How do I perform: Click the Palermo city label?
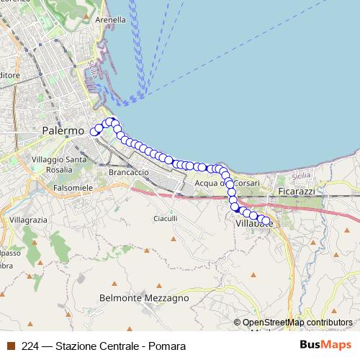click(x=63, y=132)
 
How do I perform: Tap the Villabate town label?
click(x=254, y=225)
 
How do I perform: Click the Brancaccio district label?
click(x=127, y=173)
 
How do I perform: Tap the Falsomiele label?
click(x=73, y=187)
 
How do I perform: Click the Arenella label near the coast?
click(x=111, y=21)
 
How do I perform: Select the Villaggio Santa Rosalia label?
click(x=59, y=164)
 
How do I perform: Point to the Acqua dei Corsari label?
click(x=227, y=183)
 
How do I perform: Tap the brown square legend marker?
click(x=10, y=346)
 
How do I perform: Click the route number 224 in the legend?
click(x=30, y=346)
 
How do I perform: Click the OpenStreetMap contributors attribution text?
click(x=297, y=323)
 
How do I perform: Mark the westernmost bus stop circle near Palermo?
click(x=93, y=132)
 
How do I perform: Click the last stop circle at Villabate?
click(x=266, y=221)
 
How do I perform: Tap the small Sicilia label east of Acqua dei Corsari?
click(x=302, y=176)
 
